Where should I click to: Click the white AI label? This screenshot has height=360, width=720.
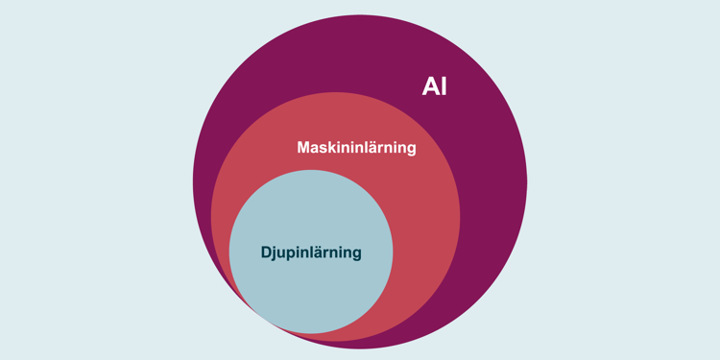pyautogui.click(x=434, y=86)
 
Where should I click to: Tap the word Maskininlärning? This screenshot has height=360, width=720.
pyautogui.click(x=356, y=148)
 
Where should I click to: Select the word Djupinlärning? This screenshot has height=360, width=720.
pyautogui.click(x=311, y=252)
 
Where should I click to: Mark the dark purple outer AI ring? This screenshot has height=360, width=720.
pyautogui.click(x=490, y=192)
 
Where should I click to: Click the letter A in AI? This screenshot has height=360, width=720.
pyautogui.click(x=429, y=86)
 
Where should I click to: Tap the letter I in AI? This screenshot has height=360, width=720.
pyautogui.click(x=443, y=86)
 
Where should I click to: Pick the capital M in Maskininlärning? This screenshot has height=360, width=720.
pyautogui.click(x=303, y=148)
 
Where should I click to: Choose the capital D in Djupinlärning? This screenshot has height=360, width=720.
pyautogui.click(x=267, y=252)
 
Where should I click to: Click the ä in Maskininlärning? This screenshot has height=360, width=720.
pyautogui.click(x=376, y=148)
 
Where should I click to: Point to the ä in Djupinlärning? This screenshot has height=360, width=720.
pyautogui.click(x=323, y=252)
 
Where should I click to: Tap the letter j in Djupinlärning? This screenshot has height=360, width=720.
pyautogui.click(x=276, y=253)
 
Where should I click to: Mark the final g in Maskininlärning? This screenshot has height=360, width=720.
pyautogui.click(x=411, y=150)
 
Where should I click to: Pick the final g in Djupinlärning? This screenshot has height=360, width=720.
pyautogui.click(x=356, y=254)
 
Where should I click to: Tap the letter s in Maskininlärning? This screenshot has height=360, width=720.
pyautogui.click(x=323, y=149)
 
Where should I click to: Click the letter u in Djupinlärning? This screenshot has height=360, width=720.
pyautogui.click(x=283, y=253)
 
